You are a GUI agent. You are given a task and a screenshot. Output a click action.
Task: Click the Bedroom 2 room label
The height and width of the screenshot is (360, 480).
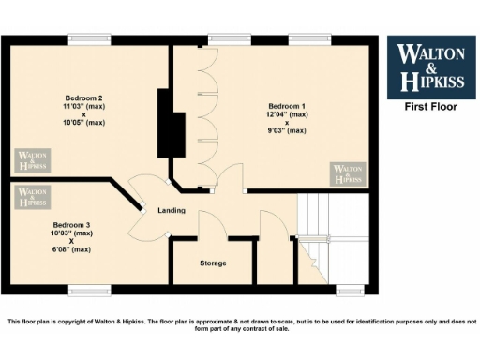click(83, 98)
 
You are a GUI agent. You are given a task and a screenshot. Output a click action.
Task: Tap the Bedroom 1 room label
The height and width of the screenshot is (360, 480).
click(287, 105)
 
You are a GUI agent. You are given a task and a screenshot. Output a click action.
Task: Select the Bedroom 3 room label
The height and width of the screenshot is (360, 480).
click(71, 225)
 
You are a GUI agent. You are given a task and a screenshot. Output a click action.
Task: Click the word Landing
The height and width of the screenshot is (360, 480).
click(171, 210)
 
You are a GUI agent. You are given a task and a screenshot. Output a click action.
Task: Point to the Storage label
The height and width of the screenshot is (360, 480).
click(213, 262)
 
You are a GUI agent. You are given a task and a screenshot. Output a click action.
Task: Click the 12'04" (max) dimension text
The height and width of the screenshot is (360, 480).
click(287, 113)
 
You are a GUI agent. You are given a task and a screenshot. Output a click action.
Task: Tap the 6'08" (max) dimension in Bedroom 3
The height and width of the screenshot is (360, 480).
click(71, 249)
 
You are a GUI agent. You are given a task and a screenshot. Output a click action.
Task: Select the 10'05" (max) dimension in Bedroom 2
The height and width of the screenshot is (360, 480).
click(83, 123)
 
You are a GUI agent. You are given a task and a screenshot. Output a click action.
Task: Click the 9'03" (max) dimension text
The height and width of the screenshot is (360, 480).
click(287, 130)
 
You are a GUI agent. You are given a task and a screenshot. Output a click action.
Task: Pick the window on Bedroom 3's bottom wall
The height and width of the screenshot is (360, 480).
click(89, 289)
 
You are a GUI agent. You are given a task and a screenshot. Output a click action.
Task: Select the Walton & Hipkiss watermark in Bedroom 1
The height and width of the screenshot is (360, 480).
click(347, 173)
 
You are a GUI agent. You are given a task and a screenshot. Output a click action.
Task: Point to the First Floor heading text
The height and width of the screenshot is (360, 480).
click(429, 107)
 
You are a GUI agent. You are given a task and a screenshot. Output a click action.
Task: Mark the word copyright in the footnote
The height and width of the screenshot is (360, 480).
click(90, 322)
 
